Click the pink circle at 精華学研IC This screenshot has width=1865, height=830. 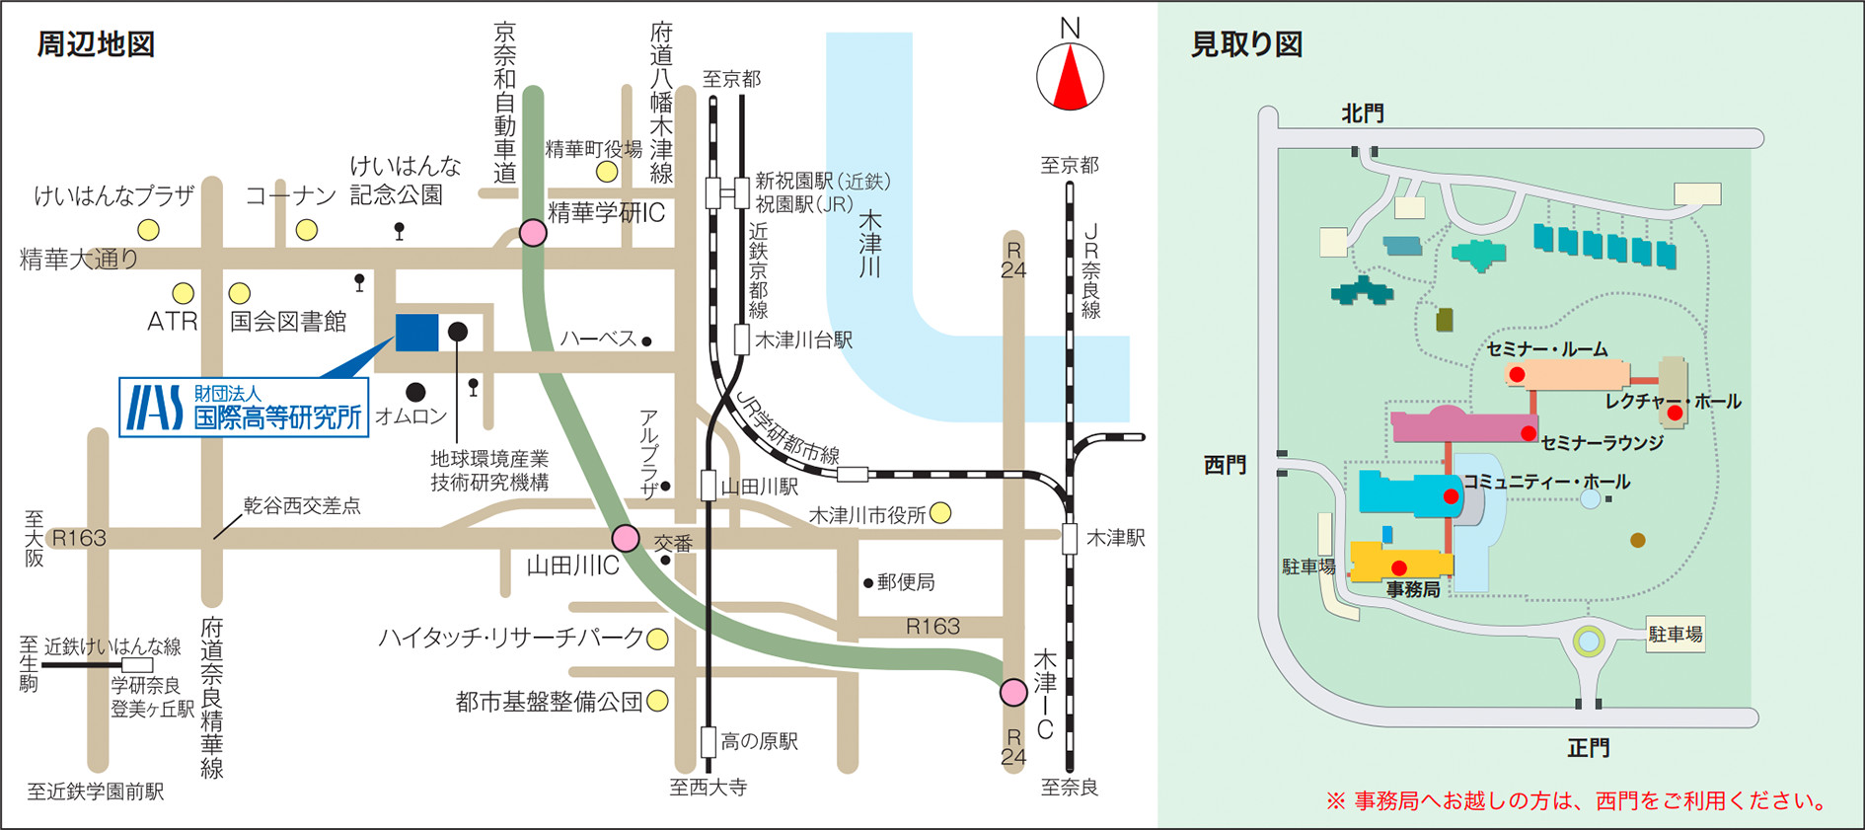click(x=533, y=233)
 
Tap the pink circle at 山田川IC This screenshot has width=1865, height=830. click(x=626, y=538)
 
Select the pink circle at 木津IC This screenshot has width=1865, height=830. click(x=1013, y=692)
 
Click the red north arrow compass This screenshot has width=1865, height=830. click(x=1070, y=78)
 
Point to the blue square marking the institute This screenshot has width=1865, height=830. click(x=416, y=333)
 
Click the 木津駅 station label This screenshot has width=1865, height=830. click(x=1115, y=539)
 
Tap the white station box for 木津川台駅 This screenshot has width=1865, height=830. click(x=742, y=340)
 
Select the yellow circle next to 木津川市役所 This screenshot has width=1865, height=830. click(x=940, y=512)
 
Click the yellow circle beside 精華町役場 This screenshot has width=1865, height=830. click(x=607, y=173)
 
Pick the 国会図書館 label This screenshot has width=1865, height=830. click(x=288, y=322)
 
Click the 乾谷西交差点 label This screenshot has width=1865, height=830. click(x=302, y=506)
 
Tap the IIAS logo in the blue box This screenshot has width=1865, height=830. click(x=155, y=408)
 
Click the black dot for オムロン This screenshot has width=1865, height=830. click(x=416, y=392)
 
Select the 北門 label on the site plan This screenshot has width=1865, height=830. click(x=1362, y=113)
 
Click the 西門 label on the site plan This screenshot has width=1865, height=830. click(x=1225, y=465)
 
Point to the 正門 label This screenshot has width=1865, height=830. click(x=1588, y=748)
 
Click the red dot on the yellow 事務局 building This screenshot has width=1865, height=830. click(x=1398, y=567)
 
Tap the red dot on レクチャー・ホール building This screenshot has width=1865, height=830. click(x=1675, y=413)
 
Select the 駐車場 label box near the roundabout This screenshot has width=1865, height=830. click(x=1676, y=635)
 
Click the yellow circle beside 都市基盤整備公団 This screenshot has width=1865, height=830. click(x=657, y=702)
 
